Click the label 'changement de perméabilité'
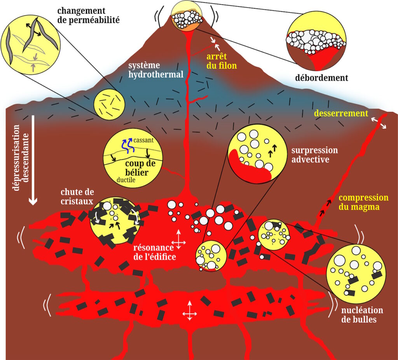88,15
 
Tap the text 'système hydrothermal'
156,70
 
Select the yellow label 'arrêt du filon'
222,61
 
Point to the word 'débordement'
321,78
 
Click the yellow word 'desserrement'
341,113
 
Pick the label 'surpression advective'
314,155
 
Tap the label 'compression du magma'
363,202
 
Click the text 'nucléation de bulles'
362,315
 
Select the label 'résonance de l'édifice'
155,252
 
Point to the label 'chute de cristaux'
77,196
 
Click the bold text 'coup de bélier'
140,168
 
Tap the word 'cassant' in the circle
143,140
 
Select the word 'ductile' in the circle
126,180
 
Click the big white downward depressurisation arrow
33,160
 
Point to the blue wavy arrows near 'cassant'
127,146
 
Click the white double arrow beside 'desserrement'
379,123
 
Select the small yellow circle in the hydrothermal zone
109,104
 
